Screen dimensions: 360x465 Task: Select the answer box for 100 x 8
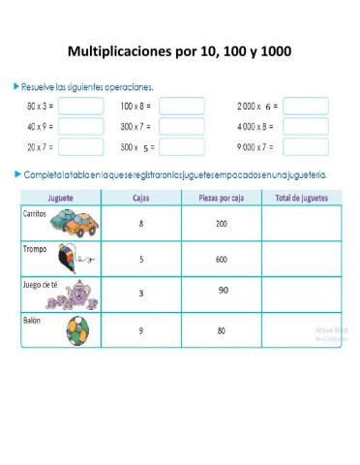(181, 106)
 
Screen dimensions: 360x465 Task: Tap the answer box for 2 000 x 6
(305, 106)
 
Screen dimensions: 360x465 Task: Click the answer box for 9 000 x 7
(305, 147)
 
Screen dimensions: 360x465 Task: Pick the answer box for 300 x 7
(181, 126)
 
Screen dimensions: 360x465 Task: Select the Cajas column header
(141, 198)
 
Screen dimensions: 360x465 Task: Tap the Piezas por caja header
(221, 198)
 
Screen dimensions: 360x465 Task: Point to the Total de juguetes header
(301, 198)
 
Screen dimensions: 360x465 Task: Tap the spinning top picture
(72, 260)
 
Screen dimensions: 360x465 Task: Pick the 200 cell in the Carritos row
(222, 224)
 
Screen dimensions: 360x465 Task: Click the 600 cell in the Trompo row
(222, 259)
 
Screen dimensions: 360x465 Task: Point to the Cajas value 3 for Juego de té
(141, 293)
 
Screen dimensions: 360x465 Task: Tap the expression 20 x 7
(40, 147)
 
